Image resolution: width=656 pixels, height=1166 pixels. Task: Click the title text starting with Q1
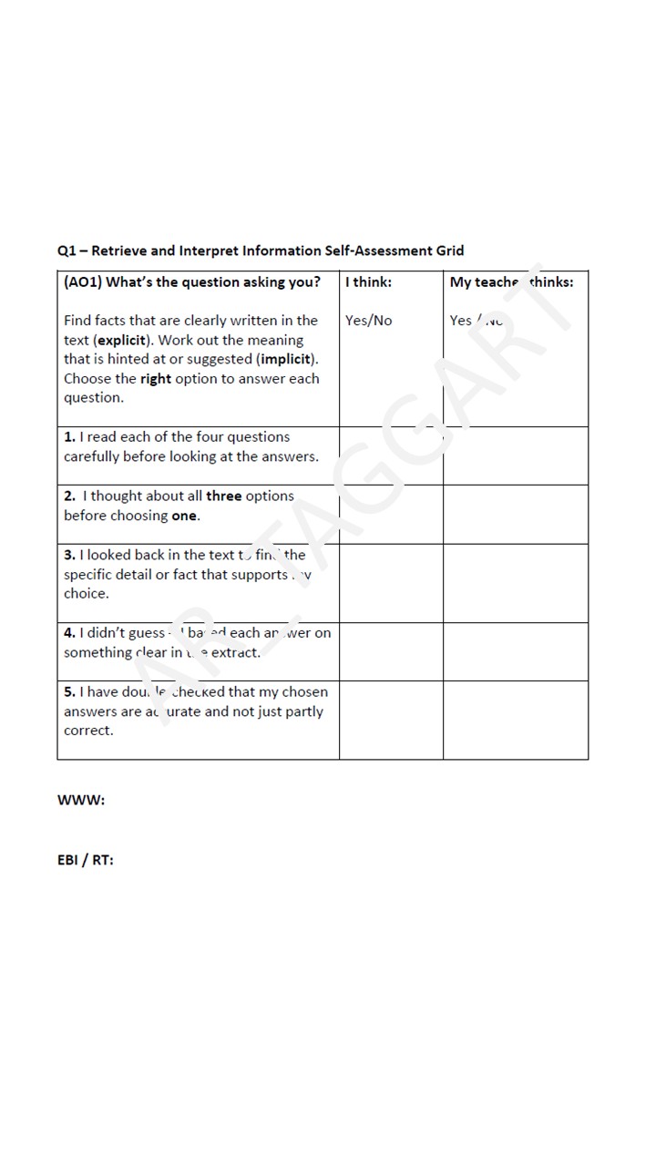[261, 251]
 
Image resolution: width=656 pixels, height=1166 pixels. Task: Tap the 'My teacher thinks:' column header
[511, 282]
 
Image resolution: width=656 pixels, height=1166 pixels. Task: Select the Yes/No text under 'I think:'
[368, 321]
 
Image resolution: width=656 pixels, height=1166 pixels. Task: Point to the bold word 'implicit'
[287, 359]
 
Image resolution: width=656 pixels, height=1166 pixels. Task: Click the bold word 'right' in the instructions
[156, 379]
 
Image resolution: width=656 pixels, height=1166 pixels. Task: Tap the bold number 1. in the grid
[69, 437]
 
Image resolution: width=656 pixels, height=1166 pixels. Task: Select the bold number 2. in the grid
[69, 496]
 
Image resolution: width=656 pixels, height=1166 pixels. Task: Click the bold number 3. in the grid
[69, 555]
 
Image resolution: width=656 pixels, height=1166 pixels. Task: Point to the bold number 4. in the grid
[69, 633]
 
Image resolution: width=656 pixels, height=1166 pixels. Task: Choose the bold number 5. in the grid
[69, 692]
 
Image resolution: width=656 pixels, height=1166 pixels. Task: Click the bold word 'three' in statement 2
[224, 496]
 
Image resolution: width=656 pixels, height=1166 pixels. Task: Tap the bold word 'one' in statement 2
[184, 516]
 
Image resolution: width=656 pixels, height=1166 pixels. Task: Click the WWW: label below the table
[81, 800]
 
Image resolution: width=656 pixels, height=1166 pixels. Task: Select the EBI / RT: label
[86, 859]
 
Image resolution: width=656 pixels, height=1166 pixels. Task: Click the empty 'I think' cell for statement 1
[391, 455]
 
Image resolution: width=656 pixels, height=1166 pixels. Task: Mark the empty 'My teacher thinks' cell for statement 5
[516, 720]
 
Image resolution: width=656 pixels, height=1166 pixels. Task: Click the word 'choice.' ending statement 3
[87, 594]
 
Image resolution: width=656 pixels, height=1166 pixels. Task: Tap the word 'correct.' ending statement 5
[88, 731]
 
